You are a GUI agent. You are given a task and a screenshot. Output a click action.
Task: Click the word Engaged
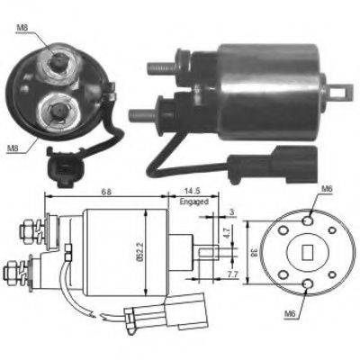point(194,202)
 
